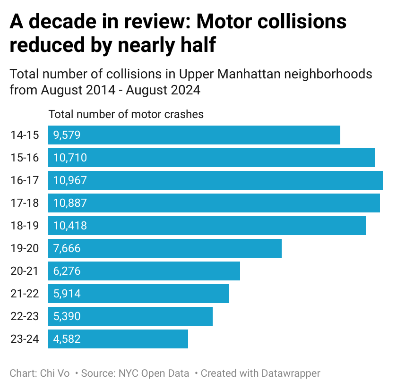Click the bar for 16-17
215,180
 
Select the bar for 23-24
118,339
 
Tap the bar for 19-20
164,248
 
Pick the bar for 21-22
138,294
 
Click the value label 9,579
67,135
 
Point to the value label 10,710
70,158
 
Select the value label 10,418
70,226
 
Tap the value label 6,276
67,271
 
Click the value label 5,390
67,316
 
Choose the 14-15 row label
25,135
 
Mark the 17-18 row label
25,203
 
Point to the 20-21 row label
25,271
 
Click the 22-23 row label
25,316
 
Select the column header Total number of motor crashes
126,114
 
